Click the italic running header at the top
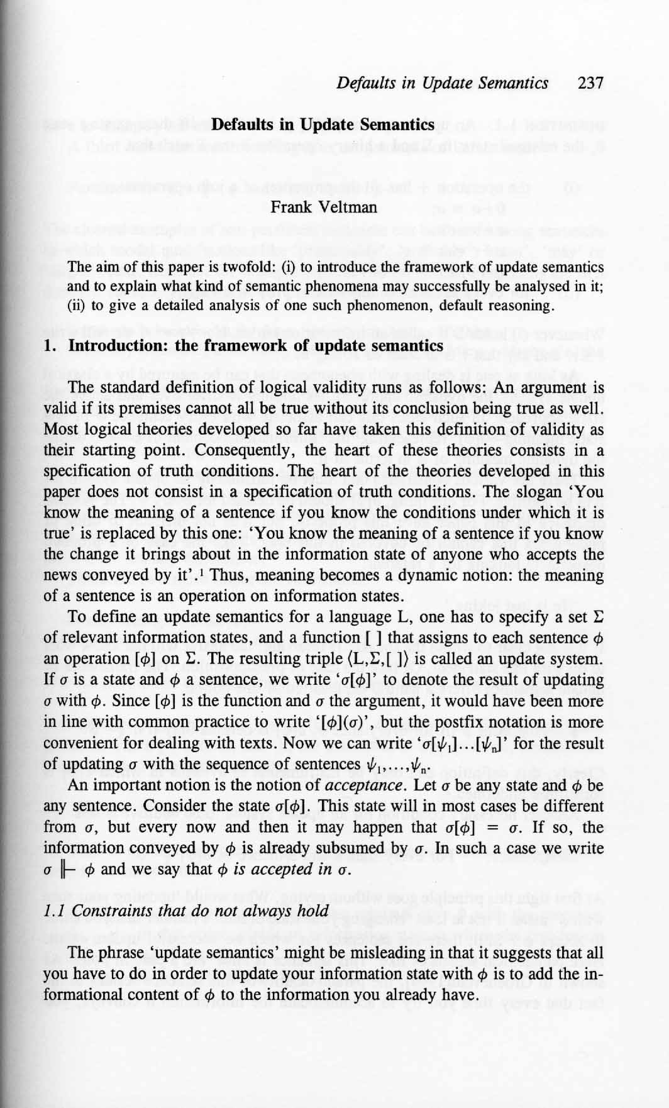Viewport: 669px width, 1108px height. tap(442, 83)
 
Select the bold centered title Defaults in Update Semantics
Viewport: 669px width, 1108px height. tap(323, 125)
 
